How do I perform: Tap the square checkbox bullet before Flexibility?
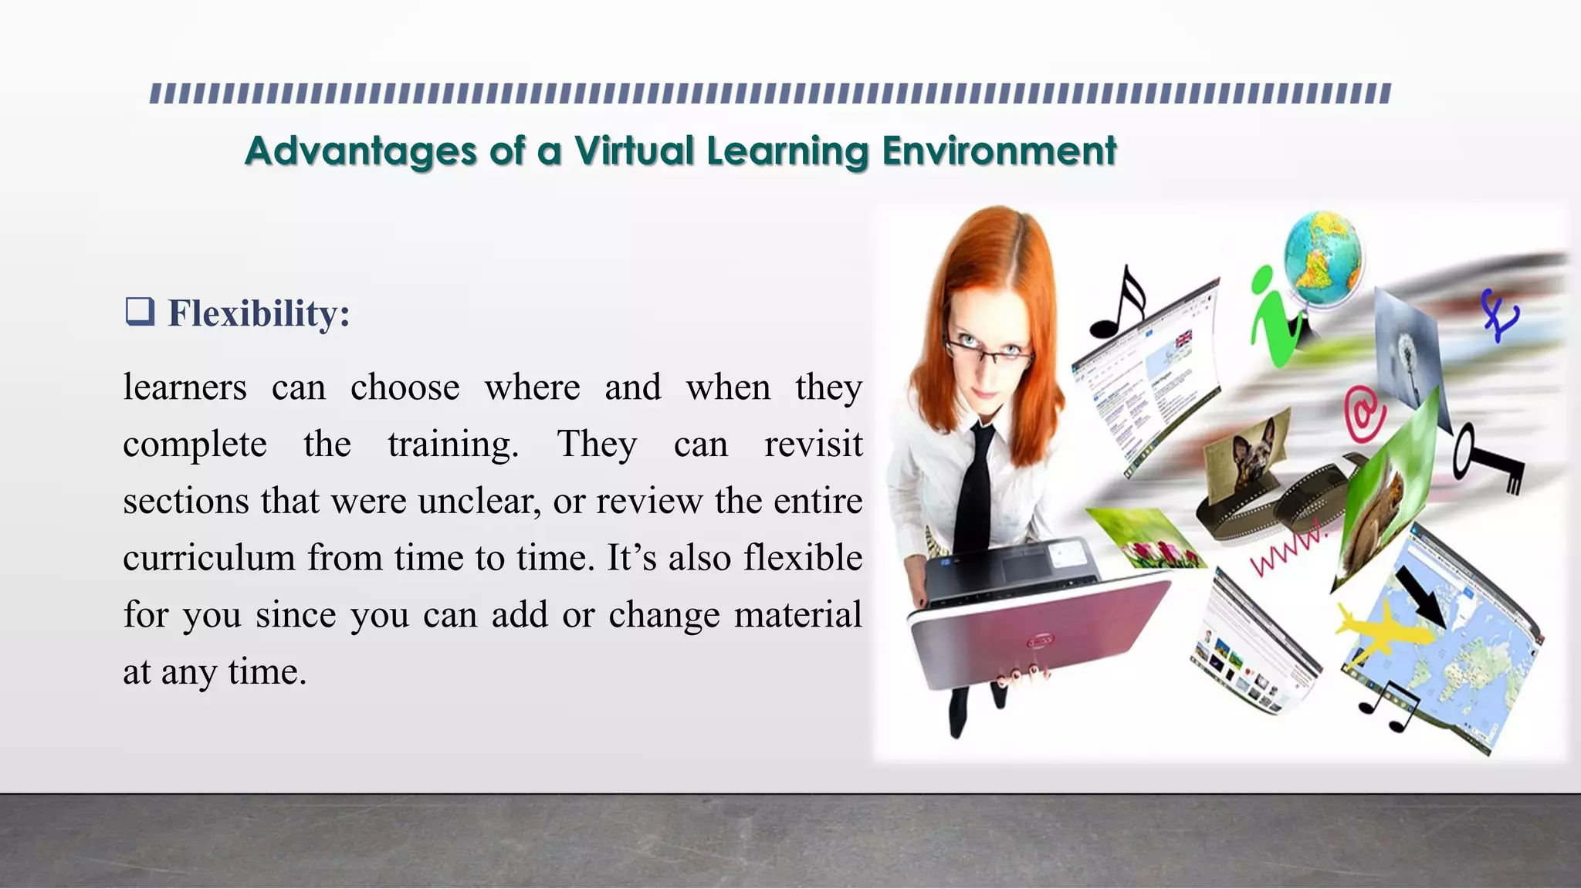(140, 311)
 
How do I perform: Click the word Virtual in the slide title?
(634, 150)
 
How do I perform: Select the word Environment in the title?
(999, 150)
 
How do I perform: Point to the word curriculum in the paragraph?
(208, 558)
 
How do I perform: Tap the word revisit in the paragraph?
(813, 444)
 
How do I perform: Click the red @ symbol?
(1365, 414)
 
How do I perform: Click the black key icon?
(1486, 458)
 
